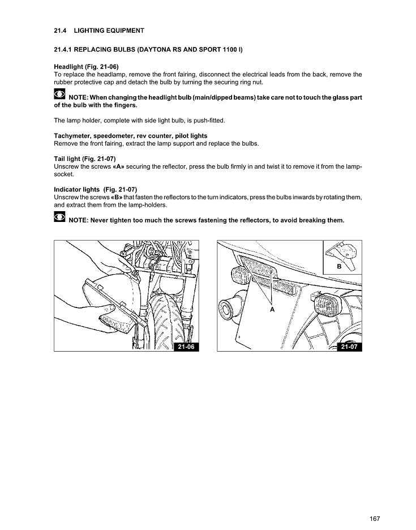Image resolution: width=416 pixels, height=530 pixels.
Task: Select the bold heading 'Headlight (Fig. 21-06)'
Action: pyautogui.click(x=86, y=67)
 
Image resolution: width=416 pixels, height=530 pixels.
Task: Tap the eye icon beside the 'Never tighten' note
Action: pyautogui.click(x=60, y=219)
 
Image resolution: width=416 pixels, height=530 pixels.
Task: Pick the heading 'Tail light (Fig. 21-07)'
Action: pyautogui.click(x=84, y=159)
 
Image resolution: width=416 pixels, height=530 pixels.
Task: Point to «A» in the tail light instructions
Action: pyautogui.click(x=119, y=167)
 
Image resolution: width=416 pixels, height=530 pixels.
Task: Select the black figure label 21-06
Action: pyautogui.click(x=187, y=347)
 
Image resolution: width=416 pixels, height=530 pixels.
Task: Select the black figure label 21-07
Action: pyautogui.click(x=349, y=347)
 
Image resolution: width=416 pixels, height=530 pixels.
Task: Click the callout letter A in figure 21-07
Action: pyautogui.click(x=272, y=310)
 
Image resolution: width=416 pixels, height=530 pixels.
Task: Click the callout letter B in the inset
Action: pyautogui.click(x=340, y=266)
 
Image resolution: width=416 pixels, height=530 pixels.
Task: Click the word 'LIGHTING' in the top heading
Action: pyautogui.click(x=88, y=31)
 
